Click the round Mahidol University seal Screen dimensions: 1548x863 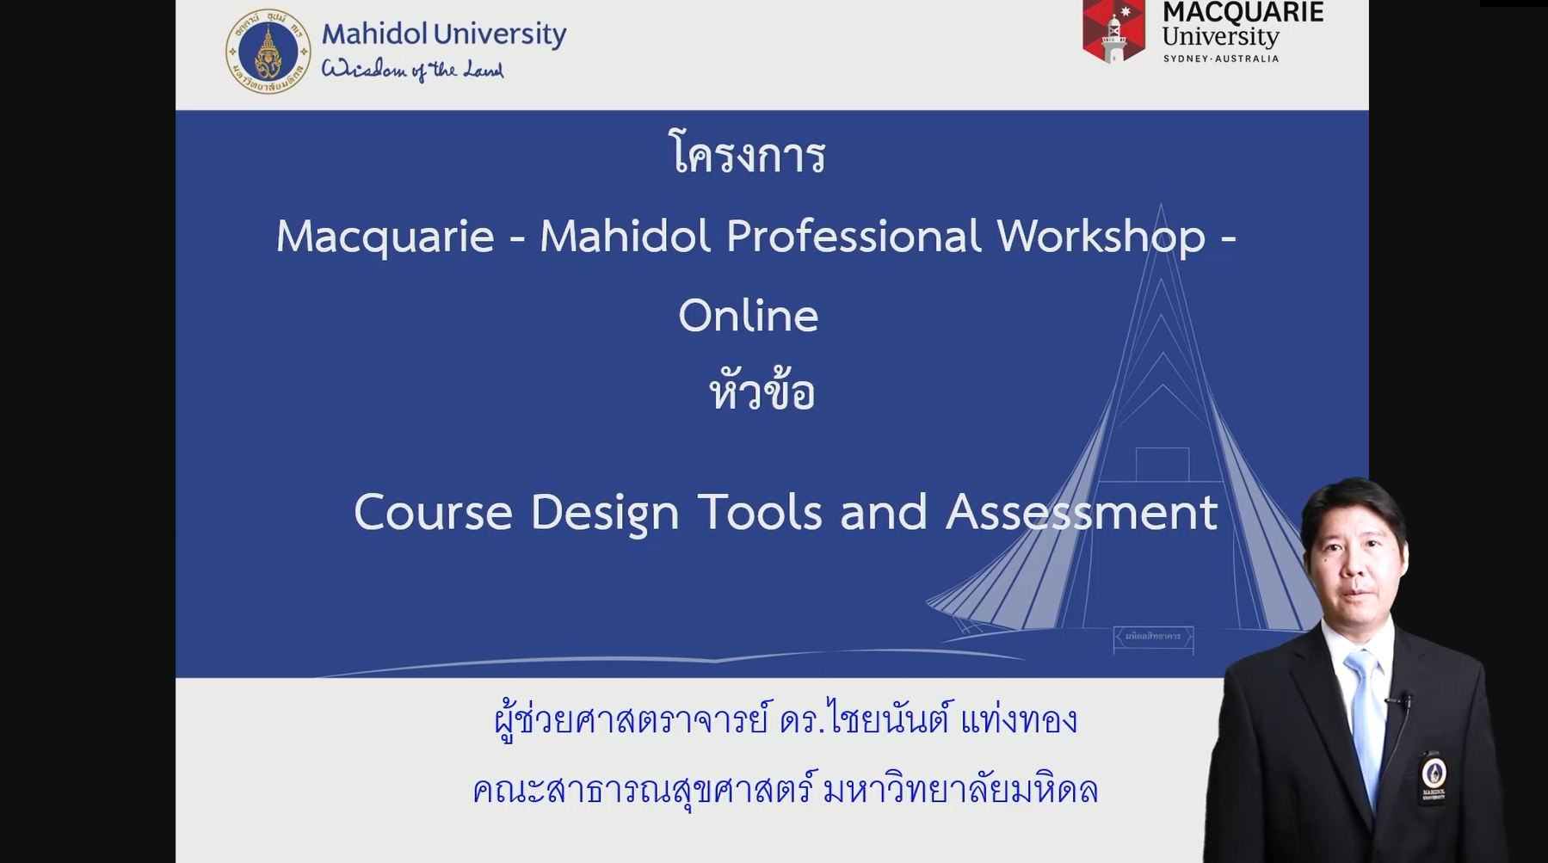point(268,52)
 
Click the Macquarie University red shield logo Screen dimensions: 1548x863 point(1113,32)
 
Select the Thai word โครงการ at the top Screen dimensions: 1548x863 point(748,154)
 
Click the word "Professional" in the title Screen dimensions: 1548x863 point(854,236)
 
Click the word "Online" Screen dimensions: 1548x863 point(749,315)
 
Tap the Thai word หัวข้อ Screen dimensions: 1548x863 point(762,391)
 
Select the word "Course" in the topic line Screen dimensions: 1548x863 point(433,513)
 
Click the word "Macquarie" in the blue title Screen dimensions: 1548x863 point(385,237)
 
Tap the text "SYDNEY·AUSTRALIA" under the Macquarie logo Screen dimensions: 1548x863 point(1221,59)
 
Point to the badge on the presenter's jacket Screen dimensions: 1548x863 point(1433,776)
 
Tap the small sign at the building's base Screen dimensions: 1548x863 point(1153,637)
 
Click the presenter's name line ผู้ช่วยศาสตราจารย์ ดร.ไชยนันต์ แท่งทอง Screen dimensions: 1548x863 point(786,719)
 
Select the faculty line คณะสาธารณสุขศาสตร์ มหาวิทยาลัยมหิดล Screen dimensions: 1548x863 point(785,789)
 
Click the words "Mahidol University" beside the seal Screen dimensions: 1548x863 point(444,34)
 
